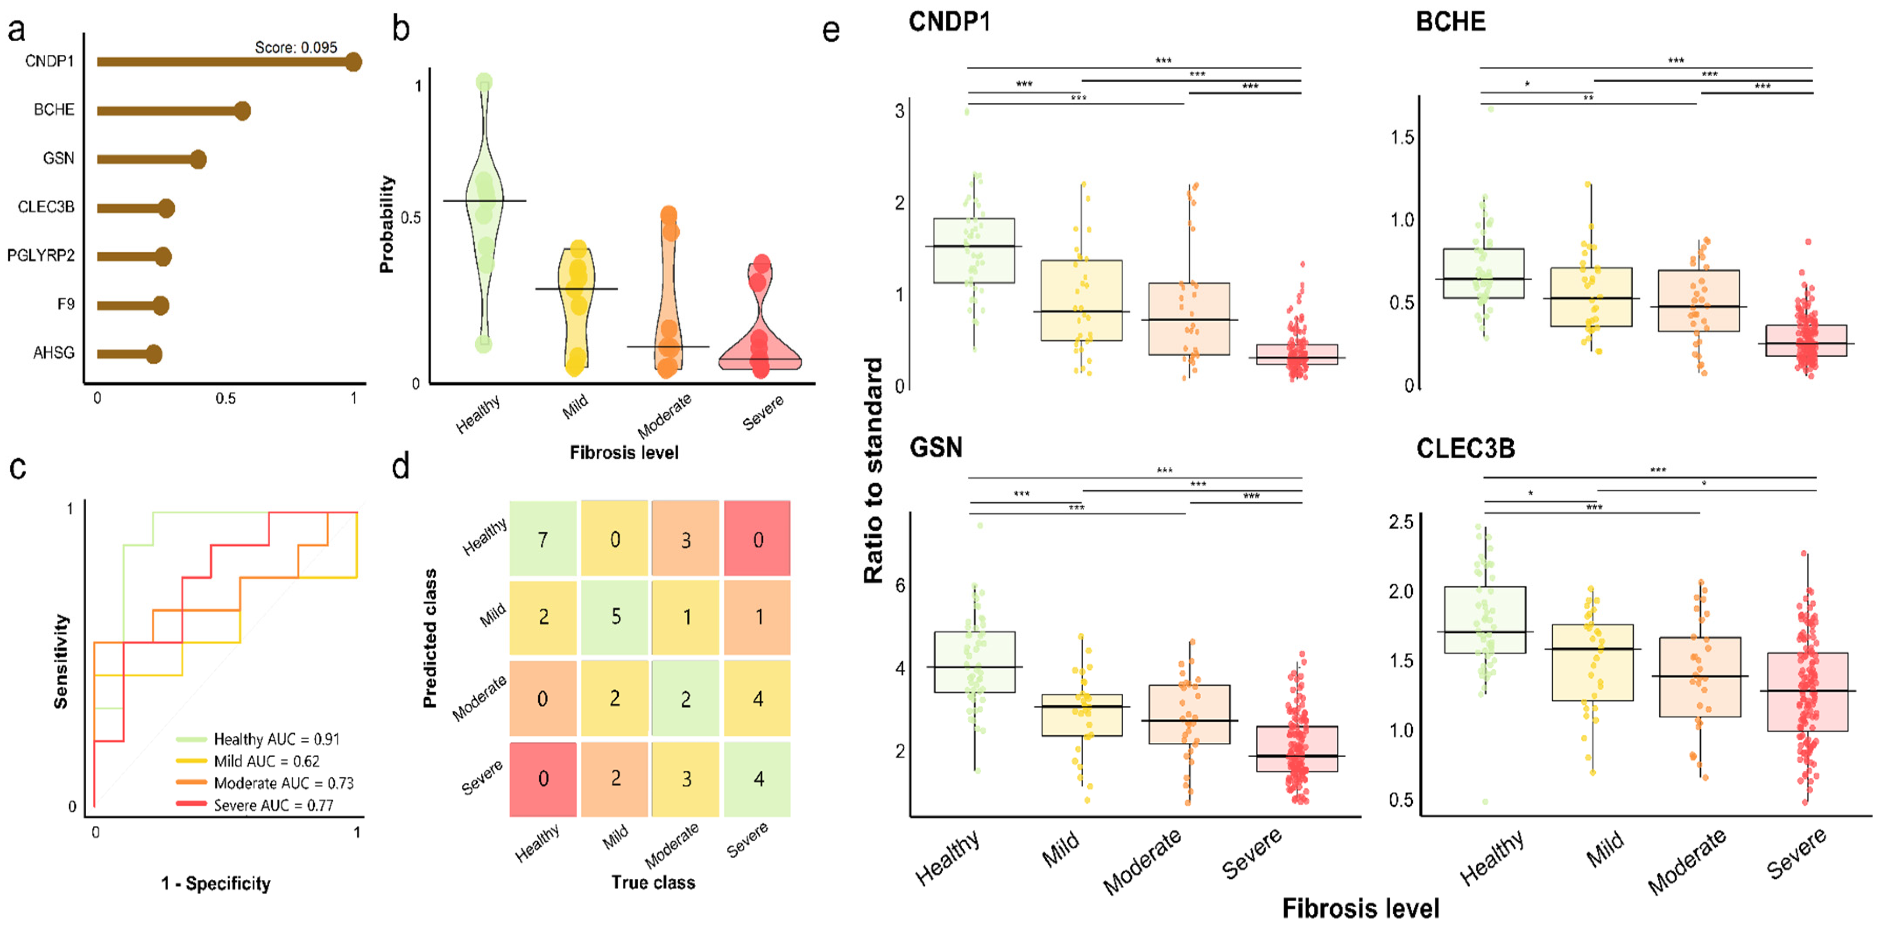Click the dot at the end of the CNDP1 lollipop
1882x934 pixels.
pyautogui.click(x=354, y=62)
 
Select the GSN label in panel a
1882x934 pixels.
pyautogui.click(x=58, y=158)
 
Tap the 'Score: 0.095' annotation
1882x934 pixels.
pyautogui.click(x=296, y=47)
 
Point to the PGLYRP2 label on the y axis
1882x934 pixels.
pyautogui.click(x=41, y=256)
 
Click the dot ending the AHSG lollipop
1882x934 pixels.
pyautogui.click(x=153, y=354)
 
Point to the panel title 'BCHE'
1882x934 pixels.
pyautogui.click(x=1450, y=22)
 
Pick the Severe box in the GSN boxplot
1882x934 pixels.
pyautogui.click(x=1297, y=748)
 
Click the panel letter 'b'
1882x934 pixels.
pyautogui.click(x=400, y=29)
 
